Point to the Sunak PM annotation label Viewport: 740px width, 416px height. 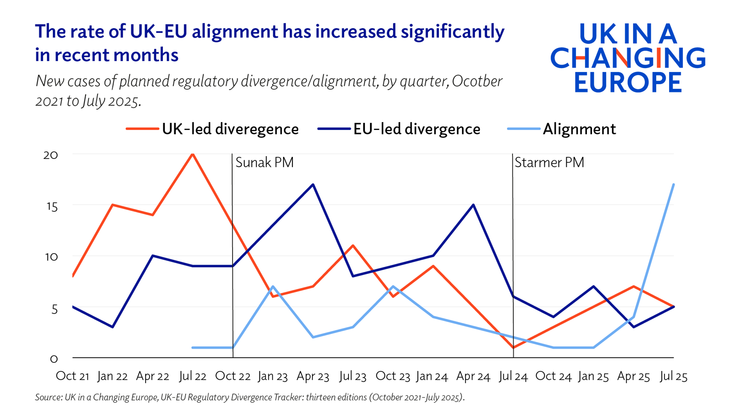[265, 163]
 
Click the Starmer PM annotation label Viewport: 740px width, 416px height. [549, 163]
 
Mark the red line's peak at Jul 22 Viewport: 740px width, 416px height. [192, 154]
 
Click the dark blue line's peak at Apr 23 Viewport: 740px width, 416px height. [313, 184]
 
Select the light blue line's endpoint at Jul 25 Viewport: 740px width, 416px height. [673, 184]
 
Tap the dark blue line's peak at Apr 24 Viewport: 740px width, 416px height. [473, 205]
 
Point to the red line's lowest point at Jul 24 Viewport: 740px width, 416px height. [513, 348]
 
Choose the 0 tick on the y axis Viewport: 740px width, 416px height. [54, 359]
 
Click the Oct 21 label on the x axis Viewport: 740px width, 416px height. [72, 376]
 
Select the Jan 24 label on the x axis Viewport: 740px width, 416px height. [432, 376]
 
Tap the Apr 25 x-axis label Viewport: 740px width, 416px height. [633, 376]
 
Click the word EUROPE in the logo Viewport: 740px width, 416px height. [628, 82]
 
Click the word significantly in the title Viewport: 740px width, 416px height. [453, 31]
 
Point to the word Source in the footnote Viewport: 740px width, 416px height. [48, 397]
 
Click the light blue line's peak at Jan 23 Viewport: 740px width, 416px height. [273, 287]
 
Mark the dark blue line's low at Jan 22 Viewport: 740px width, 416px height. [113, 327]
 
